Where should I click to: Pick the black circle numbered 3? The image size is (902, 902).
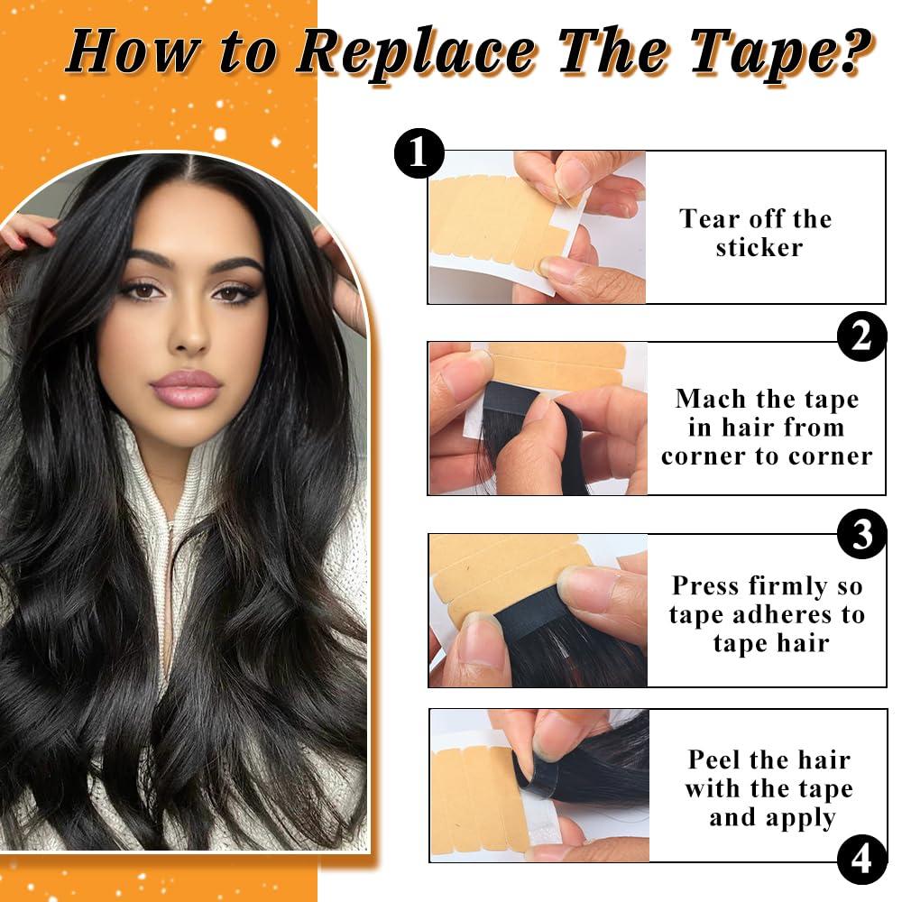pos(861,533)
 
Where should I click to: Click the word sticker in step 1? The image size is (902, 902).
pos(759,248)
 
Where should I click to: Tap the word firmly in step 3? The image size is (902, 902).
pos(791,586)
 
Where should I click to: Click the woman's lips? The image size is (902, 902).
pos(187,387)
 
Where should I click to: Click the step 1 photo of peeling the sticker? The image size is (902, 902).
pos(537,227)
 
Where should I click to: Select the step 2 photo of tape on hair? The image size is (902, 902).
pos(538,419)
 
